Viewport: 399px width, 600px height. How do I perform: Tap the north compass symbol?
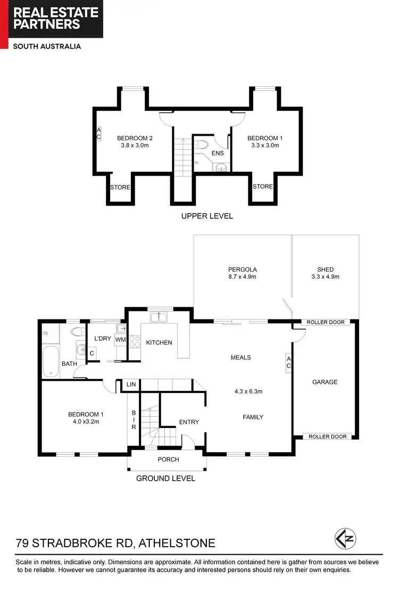(x=345, y=538)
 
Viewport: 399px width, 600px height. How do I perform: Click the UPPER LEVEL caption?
(x=207, y=216)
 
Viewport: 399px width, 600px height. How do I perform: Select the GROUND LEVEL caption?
(x=165, y=478)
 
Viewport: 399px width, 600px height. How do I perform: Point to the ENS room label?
(x=218, y=153)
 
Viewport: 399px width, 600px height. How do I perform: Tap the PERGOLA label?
(x=243, y=269)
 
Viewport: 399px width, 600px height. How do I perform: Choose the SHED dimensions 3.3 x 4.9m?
(x=325, y=277)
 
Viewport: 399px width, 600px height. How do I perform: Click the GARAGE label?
(x=325, y=382)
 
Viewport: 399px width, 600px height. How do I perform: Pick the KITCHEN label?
(x=159, y=342)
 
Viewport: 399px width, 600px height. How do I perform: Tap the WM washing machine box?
(x=120, y=339)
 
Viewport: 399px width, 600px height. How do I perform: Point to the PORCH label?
(x=168, y=459)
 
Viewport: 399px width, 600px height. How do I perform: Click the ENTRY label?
(x=189, y=422)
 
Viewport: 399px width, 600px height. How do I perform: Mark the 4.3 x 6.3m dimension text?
(x=248, y=391)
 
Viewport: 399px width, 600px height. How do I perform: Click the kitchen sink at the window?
(x=159, y=318)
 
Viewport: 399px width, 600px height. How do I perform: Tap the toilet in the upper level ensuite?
(x=202, y=144)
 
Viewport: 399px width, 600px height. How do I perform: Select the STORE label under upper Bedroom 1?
(x=262, y=186)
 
